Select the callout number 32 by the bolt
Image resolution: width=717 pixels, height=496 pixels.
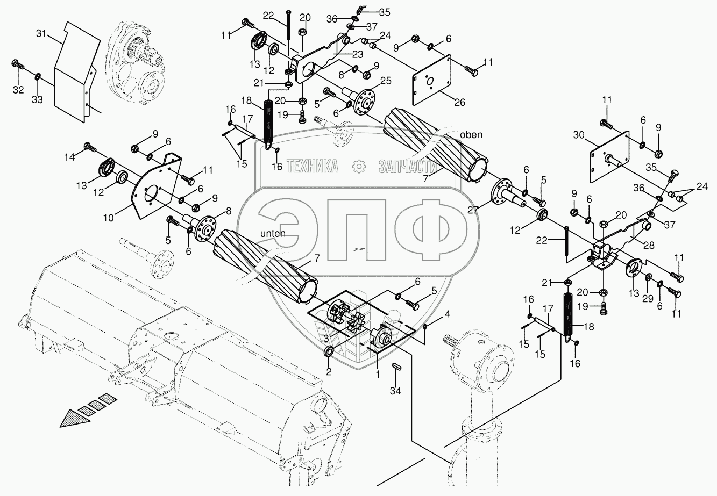coord(18,90)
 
